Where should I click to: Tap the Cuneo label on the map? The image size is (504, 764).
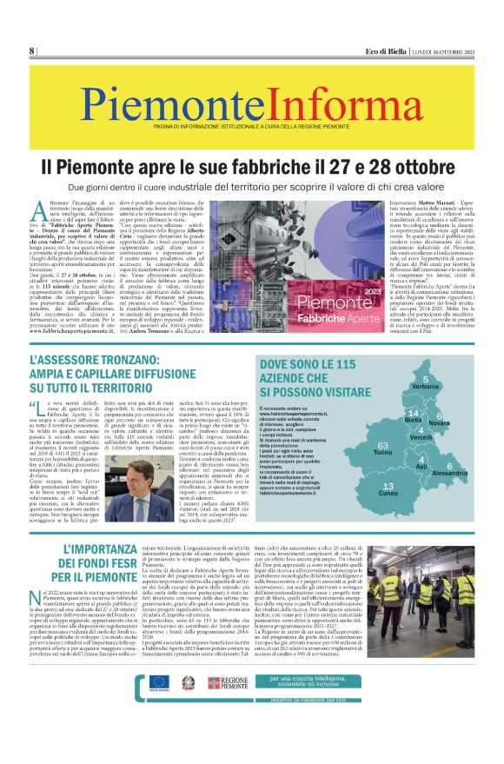[x=388, y=493]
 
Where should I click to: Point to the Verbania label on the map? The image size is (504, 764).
[x=425, y=385]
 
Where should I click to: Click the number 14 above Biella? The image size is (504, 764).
[x=414, y=412]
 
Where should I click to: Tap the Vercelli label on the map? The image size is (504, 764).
[x=421, y=437]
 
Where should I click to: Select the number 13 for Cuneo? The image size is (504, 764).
[x=388, y=485]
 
